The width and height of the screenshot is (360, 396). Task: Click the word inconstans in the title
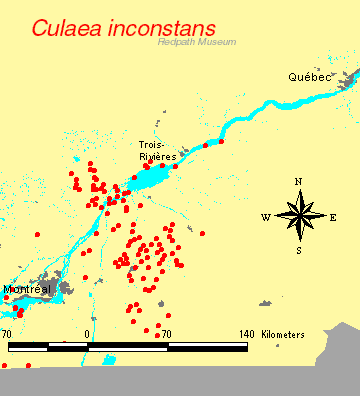[x=160, y=28]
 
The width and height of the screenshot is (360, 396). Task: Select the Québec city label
[x=308, y=76]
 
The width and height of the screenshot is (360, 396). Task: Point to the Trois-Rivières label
[x=158, y=151]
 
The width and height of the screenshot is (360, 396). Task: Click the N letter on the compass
[x=298, y=181]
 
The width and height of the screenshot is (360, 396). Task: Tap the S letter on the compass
[x=298, y=250]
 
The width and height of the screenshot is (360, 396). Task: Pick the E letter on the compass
[x=333, y=216]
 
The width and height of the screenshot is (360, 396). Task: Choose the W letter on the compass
[x=265, y=216]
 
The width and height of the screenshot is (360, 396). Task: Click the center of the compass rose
[x=298, y=216]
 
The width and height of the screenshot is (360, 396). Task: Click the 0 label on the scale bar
[x=88, y=334]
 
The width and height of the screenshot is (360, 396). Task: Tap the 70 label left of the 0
[x=7, y=334]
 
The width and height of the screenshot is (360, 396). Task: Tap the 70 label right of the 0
[x=167, y=334]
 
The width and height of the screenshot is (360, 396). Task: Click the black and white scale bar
[x=127, y=347]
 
